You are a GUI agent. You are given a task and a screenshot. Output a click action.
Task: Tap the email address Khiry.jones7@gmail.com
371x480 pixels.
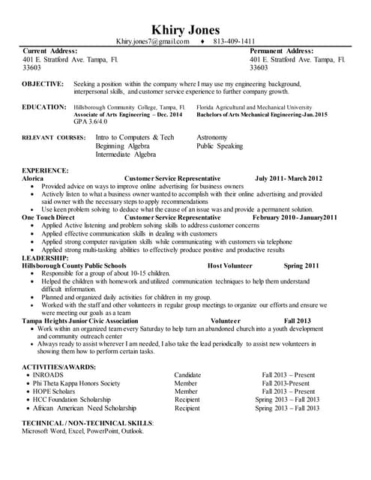(153, 41)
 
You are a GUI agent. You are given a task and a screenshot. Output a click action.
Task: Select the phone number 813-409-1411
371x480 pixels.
(235, 41)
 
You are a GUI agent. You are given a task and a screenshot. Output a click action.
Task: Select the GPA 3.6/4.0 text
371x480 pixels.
(90, 121)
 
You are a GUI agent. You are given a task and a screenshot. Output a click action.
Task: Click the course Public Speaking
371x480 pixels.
(220, 146)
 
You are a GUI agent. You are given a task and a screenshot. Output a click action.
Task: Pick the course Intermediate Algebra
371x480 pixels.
(125, 154)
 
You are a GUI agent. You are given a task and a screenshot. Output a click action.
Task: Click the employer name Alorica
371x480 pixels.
(32, 178)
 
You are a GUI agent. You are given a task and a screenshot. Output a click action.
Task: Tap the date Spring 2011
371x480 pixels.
(301, 265)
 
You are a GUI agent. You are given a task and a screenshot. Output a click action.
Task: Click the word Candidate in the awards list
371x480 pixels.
(187, 374)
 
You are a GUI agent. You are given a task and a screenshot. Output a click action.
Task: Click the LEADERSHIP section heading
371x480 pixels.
(46, 257)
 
